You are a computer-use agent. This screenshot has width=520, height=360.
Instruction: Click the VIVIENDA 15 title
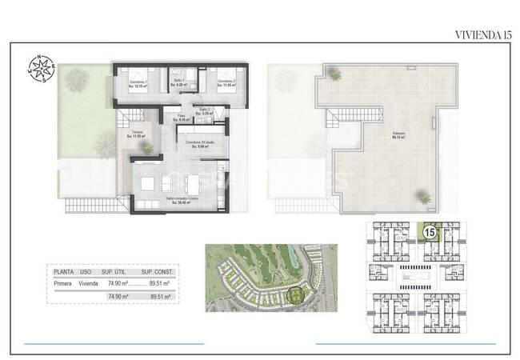(482, 34)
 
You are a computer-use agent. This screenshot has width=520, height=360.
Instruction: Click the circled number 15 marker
(429, 233)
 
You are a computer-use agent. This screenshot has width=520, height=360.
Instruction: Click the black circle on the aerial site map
(297, 296)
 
